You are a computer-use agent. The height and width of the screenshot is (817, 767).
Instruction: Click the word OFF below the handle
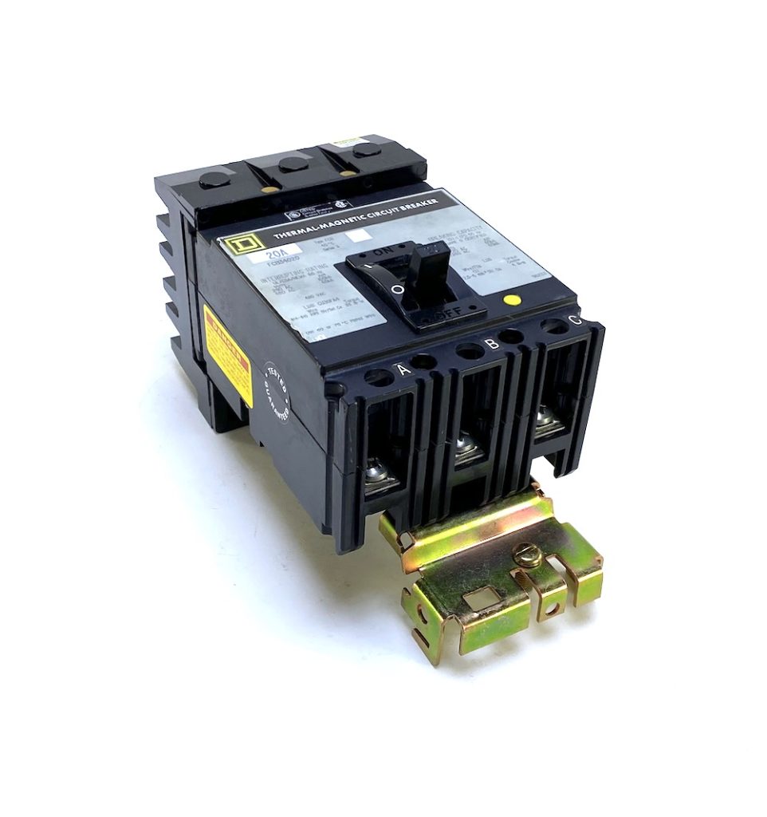click(x=448, y=314)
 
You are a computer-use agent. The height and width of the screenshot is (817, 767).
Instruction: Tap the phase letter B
click(x=492, y=343)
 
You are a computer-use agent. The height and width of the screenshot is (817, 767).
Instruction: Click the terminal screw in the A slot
click(x=378, y=476)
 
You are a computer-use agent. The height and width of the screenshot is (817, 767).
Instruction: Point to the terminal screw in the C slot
click(x=547, y=423)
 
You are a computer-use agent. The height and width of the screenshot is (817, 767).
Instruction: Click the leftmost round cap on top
click(x=213, y=183)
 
